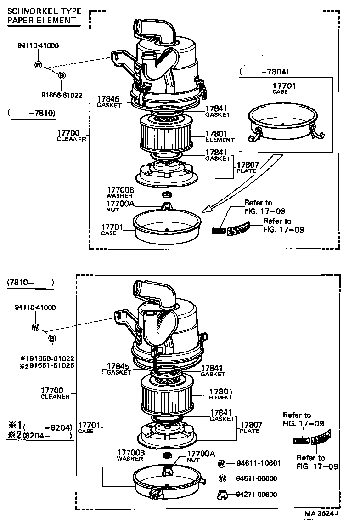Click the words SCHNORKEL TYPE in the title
click(x=44, y=11)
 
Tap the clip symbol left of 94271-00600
click(x=222, y=495)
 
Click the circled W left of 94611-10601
click(x=222, y=463)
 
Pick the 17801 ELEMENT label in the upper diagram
click(x=219, y=136)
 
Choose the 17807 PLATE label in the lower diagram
click(x=250, y=427)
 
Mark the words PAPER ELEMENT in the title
click(x=41, y=20)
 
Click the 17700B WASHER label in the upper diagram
click(x=120, y=193)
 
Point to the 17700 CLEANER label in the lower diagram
click(x=55, y=393)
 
